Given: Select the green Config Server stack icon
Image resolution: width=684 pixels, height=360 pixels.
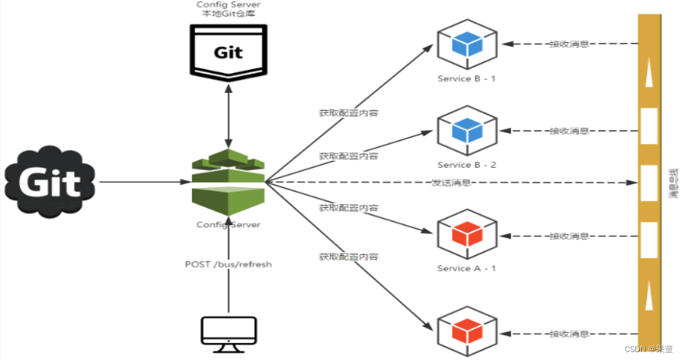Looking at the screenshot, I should (228, 182).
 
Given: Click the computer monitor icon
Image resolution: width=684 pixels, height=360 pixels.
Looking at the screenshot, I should (228, 331).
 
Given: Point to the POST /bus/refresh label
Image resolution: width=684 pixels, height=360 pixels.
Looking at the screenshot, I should (228, 264).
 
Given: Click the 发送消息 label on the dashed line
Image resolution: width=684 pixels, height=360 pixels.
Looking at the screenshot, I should (451, 183).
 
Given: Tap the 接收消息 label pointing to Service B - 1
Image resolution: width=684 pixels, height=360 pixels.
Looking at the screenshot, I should (569, 44).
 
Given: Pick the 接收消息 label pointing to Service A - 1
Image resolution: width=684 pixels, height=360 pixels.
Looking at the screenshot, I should (569, 235).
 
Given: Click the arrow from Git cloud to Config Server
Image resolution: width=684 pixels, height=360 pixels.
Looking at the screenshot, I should (143, 182).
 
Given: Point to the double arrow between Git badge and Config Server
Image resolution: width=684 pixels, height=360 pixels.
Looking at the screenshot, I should (228, 114).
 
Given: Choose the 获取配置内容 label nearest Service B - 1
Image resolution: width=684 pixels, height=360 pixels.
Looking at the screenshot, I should (348, 113).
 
